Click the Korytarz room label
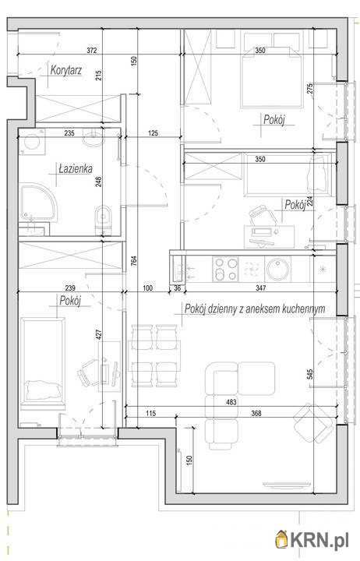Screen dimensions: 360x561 pyautogui.click(x=66, y=70)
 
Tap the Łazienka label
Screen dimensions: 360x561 pyautogui.click(x=76, y=168)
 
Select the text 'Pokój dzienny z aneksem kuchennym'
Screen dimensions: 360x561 pyautogui.click(x=255, y=309)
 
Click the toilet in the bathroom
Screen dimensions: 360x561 pyautogui.click(x=104, y=218)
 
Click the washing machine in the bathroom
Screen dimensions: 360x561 pyautogui.click(x=32, y=142)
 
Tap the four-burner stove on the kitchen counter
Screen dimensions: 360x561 pyautogui.click(x=225, y=269)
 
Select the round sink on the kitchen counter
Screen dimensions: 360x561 pyautogui.click(x=277, y=269)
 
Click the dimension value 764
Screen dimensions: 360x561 pyautogui.click(x=133, y=262)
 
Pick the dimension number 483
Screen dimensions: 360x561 pyautogui.click(x=231, y=402)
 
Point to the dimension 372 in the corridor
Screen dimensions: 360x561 pyautogui.click(x=92, y=51)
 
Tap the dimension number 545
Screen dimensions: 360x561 pyautogui.click(x=310, y=374)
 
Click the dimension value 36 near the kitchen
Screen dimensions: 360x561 pyautogui.click(x=177, y=288)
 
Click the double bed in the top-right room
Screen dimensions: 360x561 pyautogui.click(x=272, y=77)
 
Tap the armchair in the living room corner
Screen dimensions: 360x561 pyautogui.click(x=313, y=423)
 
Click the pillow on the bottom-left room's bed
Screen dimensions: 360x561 pyautogui.click(x=42, y=390)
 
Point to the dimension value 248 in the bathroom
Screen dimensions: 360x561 pyautogui.click(x=99, y=182)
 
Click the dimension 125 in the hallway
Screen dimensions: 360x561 pyautogui.click(x=153, y=133)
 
